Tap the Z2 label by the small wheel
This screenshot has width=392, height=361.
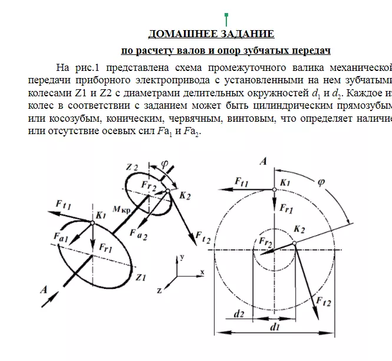click(x=132, y=167)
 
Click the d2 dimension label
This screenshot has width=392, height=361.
click(x=239, y=314)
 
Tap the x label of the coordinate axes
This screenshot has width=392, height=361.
click(x=202, y=272)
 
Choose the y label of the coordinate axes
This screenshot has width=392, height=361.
click(x=183, y=257)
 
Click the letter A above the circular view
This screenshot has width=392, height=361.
click(x=264, y=160)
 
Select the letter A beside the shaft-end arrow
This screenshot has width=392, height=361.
click(x=44, y=290)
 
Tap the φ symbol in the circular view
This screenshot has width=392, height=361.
click(x=321, y=183)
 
